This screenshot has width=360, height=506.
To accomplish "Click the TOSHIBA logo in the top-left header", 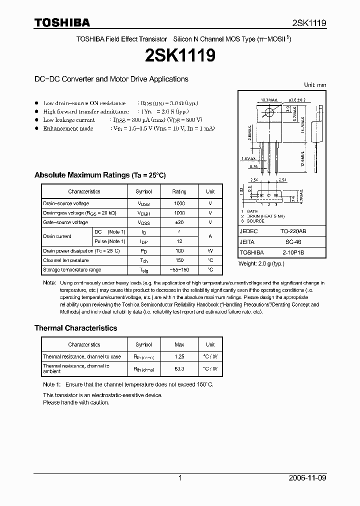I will (x=62, y=22).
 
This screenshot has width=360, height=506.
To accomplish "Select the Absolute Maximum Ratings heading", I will (x=99, y=175).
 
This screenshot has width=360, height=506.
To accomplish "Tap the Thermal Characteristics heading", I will (x=75, y=328).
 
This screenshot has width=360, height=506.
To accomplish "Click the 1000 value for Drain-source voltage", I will (x=179, y=203).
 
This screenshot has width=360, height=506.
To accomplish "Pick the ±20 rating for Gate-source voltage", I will (x=179, y=222).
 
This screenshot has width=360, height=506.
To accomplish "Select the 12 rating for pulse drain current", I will (x=179, y=241).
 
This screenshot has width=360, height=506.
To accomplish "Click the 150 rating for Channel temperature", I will (x=179, y=260).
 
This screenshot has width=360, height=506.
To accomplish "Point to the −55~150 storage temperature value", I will (x=179, y=270).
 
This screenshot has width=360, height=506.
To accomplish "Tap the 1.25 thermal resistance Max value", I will (x=179, y=357).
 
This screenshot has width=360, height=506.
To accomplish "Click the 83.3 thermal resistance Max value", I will (x=179, y=369).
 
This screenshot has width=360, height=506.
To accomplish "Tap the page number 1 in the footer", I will (x=180, y=478).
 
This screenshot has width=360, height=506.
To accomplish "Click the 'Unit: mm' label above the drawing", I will (x=315, y=85).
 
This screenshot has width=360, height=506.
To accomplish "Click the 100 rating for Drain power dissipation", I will (x=179, y=251).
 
